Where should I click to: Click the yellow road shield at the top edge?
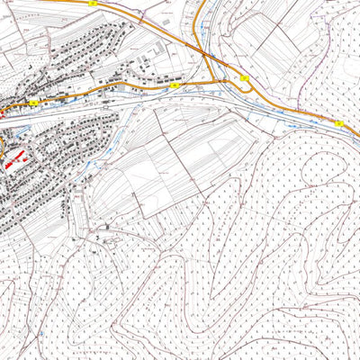click(x=93, y=4)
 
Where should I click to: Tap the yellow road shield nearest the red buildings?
click(x=33, y=103)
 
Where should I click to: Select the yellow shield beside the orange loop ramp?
click(x=245, y=79)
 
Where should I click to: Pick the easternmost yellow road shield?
click(x=338, y=123)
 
